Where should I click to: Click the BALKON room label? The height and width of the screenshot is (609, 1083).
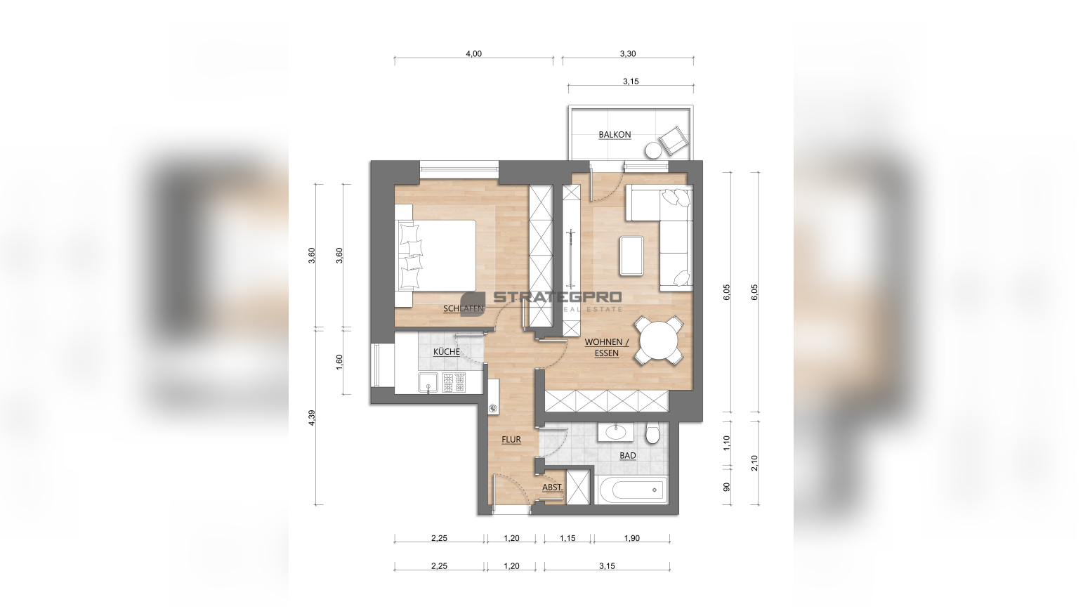click(x=615, y=134)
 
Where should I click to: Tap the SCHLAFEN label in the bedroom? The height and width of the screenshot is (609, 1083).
click(x=464, y=308)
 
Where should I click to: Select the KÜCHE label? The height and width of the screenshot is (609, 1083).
click(x=446, y=352)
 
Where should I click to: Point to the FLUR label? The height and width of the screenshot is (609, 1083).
click(x=511, y=439)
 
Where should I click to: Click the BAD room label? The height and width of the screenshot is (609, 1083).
click(x=628, y=455)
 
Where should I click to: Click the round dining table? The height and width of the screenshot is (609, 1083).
click(x=659, y=341)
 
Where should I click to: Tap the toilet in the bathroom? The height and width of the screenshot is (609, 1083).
click(x=652, y=433)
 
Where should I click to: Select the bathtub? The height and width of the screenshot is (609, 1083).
click(x=633, y=490)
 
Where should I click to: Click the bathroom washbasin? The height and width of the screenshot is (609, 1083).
click(x=615, y=431)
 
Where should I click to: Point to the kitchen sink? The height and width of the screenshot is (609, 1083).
click(x=90, y=383)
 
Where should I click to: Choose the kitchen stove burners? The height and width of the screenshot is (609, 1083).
click(x=454, y=383)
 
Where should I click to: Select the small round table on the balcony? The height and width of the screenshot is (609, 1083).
click(x=653, y=150)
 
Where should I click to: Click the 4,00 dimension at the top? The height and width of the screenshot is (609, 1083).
click(x=474, y=53)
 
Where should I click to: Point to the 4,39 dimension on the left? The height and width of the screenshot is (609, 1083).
click(x=311, y=417)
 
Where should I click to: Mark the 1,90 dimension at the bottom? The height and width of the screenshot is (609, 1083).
click(x=631, y=538)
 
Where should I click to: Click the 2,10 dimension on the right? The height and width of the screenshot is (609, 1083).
click(x=754, y=462)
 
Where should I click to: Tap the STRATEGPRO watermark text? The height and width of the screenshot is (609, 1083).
click(x=557, y=296)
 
